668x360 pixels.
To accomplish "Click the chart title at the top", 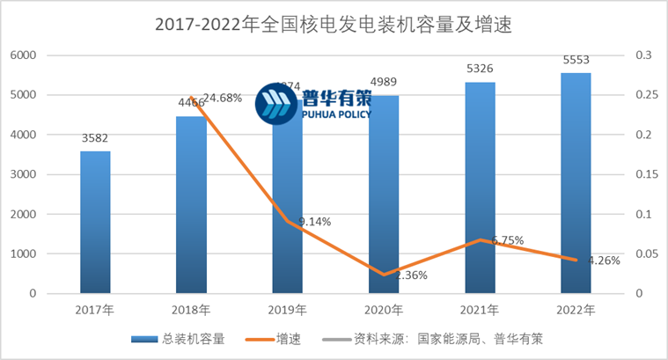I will coord(333,25).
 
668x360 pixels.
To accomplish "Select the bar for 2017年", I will coord(95,222).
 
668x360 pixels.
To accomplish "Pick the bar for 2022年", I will coord(576,183).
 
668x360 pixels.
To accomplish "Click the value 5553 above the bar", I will coord(576,60).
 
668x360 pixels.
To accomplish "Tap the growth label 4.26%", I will coord(606,261).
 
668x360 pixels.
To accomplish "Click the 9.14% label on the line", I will coord(313,222).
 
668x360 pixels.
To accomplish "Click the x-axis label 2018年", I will coord(191,310).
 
